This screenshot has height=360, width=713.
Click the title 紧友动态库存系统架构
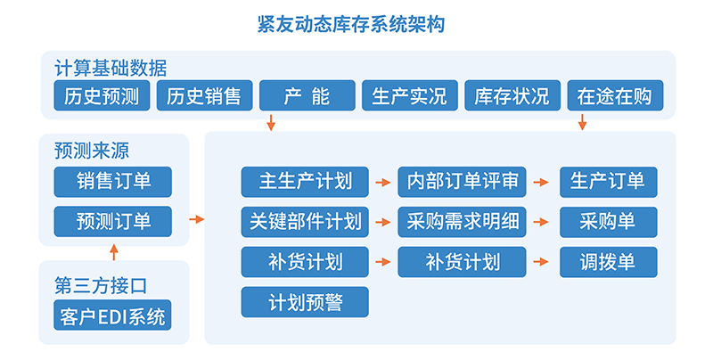coord(350,24)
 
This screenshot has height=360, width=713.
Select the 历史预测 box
coord(102,95)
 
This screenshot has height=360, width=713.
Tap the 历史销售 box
coord(205,95)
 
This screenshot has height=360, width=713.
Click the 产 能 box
coord(307,95)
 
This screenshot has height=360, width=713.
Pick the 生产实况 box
coord(410,95)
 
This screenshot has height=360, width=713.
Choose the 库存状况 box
coord(512,95)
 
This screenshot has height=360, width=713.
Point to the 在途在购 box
coord(615,95)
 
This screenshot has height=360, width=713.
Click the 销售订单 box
coord(113,182)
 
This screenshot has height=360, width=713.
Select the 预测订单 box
coord(113,221)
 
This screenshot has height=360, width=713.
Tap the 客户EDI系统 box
coord(113,315)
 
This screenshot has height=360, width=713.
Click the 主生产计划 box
coord(305,182)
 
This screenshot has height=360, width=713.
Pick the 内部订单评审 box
coord(462,182)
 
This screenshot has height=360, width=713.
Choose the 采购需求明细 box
coord(462,222)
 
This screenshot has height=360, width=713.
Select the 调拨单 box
coord(609,262)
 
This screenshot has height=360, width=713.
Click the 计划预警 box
coord(305,302)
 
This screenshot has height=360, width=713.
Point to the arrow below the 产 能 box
coord(271,123)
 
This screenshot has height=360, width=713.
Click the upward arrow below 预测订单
coord(114,252)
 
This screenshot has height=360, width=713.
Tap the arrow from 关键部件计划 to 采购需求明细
coord(383,222)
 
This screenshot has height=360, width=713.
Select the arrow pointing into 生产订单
coord(541,183)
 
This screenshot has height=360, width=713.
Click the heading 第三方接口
coord(101,286)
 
